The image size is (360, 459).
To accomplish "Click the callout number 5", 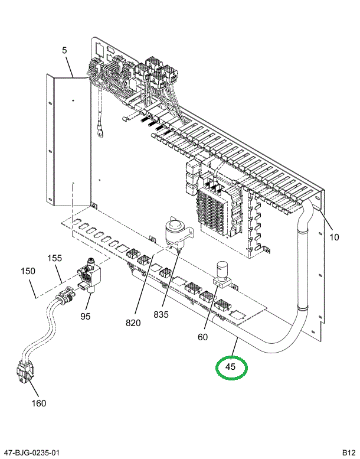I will click(64, 51).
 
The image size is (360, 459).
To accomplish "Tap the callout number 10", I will click(334, 237).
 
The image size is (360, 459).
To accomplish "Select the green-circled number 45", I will click(231, 367).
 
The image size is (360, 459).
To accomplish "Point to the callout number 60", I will click(202, 337).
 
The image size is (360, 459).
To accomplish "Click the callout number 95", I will click(86, 316).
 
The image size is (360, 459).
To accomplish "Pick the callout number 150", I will click(28, 271).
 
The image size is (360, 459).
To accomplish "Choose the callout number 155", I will click(55, 258).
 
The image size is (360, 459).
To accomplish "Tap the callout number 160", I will click(38, 403).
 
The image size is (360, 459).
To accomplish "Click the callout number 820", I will click(134, 323).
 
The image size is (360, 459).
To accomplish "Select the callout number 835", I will click(161, 315).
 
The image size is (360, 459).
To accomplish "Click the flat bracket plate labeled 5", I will click(70, 142).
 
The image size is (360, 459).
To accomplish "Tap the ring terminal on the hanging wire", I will click(102, 132).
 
